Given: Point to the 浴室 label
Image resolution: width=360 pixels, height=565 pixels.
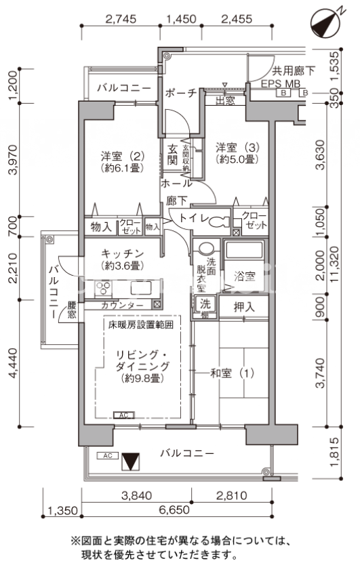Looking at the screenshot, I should (244, 276).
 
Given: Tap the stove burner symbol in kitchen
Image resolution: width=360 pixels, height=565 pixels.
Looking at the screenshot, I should (103, 289).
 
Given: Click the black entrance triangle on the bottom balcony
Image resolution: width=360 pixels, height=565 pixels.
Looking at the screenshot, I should (130, 462).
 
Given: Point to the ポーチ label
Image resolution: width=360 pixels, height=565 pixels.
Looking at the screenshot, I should (180, 93).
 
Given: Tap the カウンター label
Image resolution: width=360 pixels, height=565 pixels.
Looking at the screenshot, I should (122, 306).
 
